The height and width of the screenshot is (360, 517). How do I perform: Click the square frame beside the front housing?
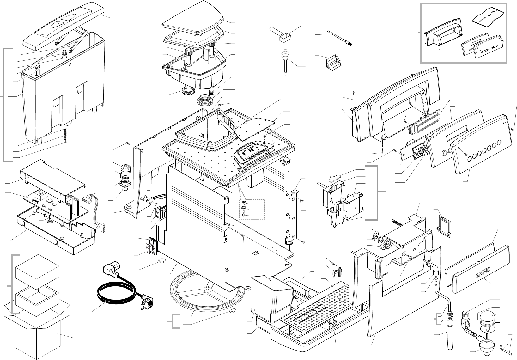(x=444, y=225)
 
